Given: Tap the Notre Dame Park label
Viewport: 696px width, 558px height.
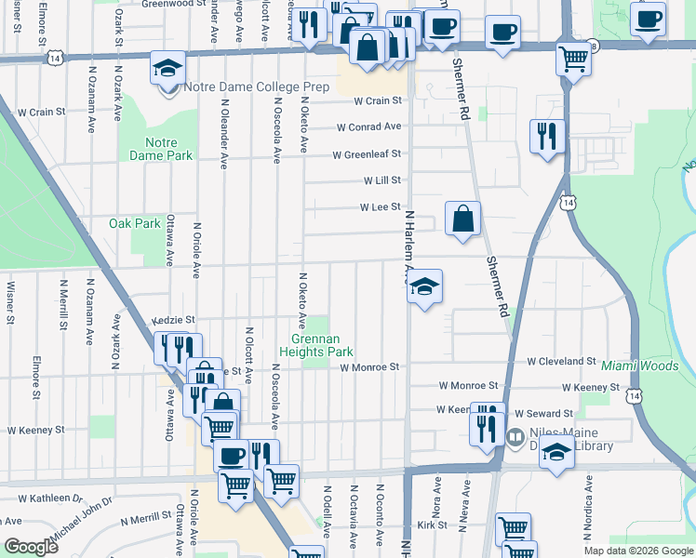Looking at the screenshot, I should (x=168, y=150).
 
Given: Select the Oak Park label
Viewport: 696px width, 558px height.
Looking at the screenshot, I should (x=135, y=223).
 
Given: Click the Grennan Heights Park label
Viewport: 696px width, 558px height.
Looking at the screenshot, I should (x=316, y=346).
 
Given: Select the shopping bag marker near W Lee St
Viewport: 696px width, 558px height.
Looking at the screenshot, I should (x=462, y=219).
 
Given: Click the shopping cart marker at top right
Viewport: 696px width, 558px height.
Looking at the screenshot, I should (x=573, y=59).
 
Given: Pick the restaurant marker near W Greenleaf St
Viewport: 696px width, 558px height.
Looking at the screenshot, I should (x=547, y=137).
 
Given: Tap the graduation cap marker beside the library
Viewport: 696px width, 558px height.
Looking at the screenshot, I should (x=557, y=454).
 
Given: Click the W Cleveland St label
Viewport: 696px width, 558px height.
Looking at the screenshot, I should (x=561, y=361).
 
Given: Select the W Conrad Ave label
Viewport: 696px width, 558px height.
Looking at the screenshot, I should (x=368, y=126).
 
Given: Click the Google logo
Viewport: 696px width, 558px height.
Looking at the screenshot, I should (x=31, y=547).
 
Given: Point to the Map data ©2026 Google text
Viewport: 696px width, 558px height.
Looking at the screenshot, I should (x=639, y=551).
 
